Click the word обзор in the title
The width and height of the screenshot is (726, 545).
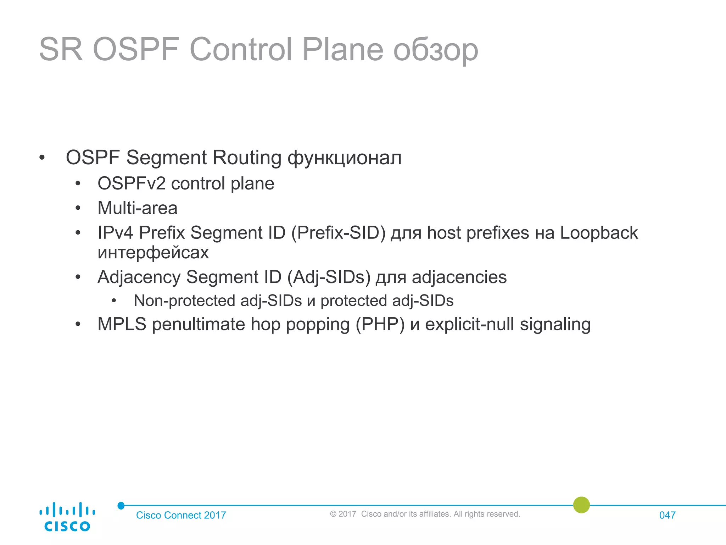436,50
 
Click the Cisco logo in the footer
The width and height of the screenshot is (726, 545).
67,517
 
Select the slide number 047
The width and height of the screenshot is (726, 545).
667,515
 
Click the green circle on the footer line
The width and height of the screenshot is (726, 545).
581,505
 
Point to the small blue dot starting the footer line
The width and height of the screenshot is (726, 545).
121,506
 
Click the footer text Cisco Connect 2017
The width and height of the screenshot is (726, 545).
181,515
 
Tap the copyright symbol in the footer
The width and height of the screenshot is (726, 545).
333,514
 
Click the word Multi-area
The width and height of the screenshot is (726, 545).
138,208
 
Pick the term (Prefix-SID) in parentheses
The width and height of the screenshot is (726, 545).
338,233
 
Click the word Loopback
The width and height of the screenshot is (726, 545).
599,233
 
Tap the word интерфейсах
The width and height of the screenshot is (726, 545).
153,253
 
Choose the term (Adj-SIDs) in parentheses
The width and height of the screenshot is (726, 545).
329,277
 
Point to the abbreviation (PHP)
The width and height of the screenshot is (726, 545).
380,324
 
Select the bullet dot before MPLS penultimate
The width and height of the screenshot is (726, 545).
78,324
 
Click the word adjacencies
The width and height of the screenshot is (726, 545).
459,277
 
